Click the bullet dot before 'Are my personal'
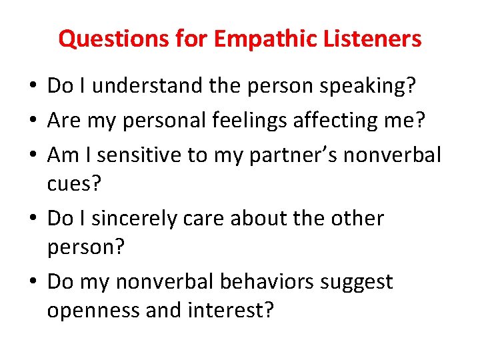coord(32,121)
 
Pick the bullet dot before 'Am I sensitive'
coord(32,155)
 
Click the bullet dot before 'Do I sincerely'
coord(32,219)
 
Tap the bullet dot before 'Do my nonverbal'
coord(32,283)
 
